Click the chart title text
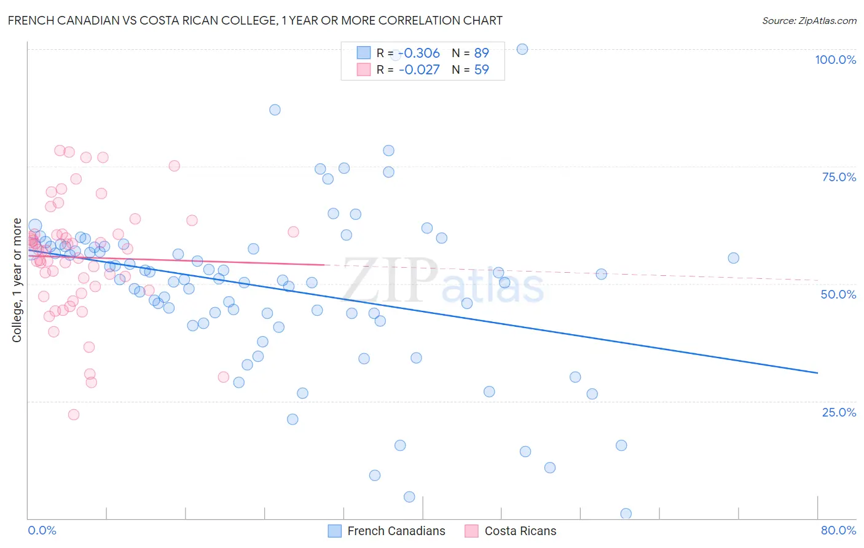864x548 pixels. pos(255,20)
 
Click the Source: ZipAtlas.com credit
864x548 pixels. pos(809,20)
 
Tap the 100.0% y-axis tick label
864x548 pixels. pos(835,60)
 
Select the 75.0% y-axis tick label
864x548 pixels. pos(839,177)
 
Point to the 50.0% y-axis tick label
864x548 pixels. pos(838,294)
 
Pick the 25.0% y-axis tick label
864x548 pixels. pos(839,412)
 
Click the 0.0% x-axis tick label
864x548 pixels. pos(42,530)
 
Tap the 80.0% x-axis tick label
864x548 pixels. pos(838,530)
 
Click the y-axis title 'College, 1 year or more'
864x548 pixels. pos(17,280)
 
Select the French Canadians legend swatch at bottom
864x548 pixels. pos(334,531)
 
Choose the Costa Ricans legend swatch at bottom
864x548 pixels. pos(471,531)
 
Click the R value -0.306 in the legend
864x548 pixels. pos(419,53)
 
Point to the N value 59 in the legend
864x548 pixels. pos(481,69)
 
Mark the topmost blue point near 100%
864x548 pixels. pos(522,49)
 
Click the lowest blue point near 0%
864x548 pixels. pos(626,514)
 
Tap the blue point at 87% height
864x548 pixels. pos(275,110)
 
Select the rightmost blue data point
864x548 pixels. pos(733,258)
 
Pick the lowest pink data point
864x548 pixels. pos(74,415)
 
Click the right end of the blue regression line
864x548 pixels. pos(817,373)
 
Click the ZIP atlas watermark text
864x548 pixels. pos(442,281)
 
